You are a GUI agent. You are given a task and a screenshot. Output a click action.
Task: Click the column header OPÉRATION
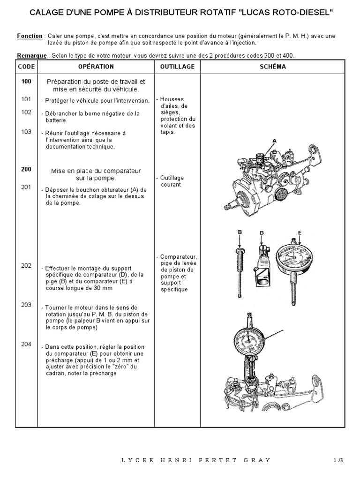[96, 67]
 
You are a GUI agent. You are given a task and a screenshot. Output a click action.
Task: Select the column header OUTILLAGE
[177, 67]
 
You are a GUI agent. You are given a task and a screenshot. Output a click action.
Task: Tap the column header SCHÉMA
[272, 67]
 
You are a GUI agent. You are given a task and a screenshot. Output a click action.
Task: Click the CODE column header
[26, 67]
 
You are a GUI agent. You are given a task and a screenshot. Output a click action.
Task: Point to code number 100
[26, 82]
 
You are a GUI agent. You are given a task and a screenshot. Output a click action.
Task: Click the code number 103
[26, 132]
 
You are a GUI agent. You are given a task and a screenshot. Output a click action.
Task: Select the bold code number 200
[26, 170]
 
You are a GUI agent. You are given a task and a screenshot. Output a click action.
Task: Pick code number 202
[26, 265]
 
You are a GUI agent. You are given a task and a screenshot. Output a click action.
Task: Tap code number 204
[26, 344]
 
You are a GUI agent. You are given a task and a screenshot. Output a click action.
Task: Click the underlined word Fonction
[30, 36]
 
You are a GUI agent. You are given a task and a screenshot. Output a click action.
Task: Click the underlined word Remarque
[32, 55]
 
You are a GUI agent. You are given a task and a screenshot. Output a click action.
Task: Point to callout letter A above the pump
[275, 140]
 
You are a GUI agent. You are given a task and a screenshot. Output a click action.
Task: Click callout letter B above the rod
[240, 232]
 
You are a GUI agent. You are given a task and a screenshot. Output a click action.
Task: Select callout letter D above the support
[262, 232]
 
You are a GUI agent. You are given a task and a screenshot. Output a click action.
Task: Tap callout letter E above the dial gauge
[299, 232]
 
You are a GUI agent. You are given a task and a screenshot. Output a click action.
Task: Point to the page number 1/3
[338, 460]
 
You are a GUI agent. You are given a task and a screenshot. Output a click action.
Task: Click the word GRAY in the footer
[258, 460]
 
